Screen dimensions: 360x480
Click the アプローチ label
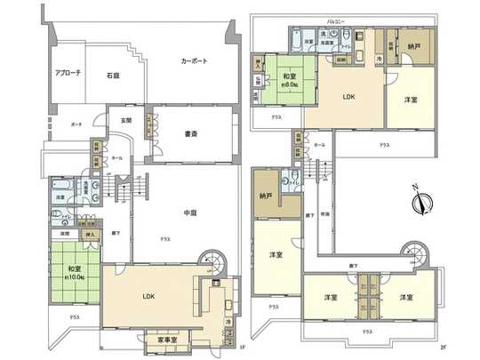[x=68, y=73]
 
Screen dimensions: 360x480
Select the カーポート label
[x=194, y=61]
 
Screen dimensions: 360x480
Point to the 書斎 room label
[x=190, y=135]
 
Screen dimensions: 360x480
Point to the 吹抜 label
[x=325, y=215]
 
